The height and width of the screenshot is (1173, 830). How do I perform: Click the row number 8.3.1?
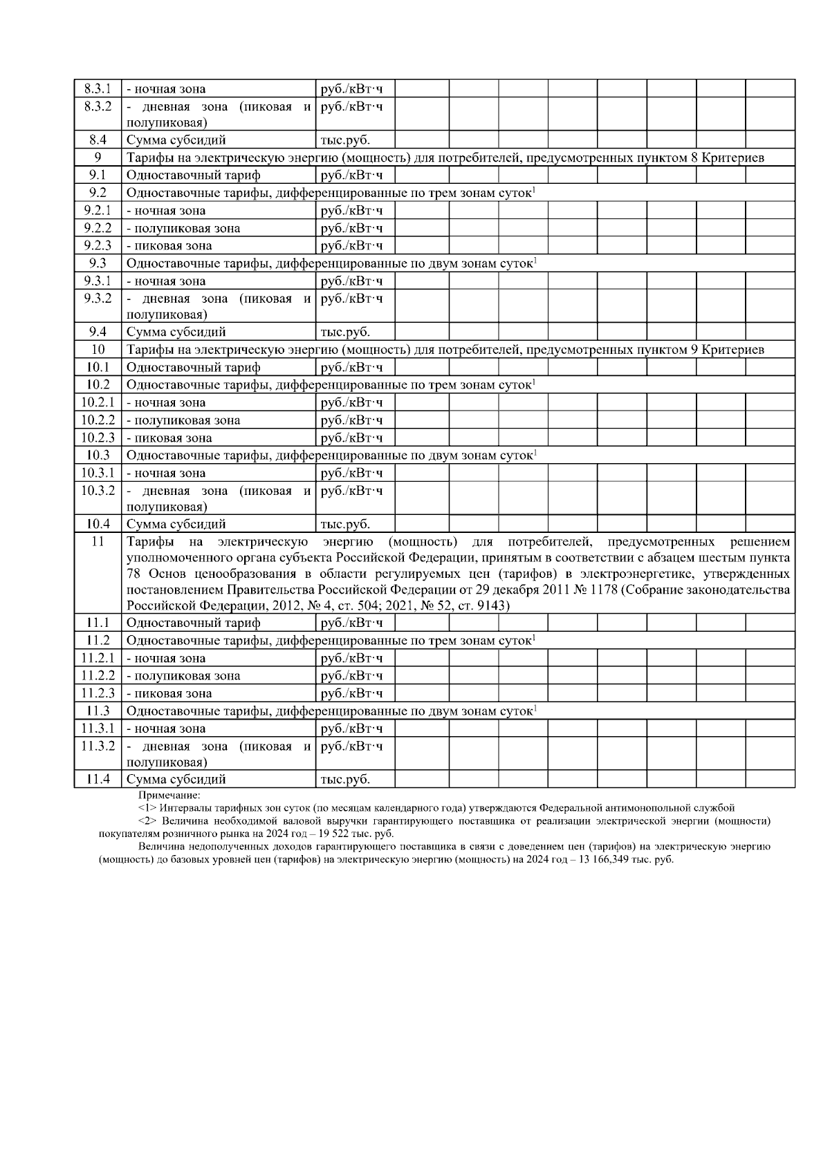pyautogui.click(x=98, y=88)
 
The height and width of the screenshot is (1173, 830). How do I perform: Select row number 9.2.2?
pyautogui.click(x=98, y=228)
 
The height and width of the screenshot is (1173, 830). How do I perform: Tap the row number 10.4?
pyautogui.click(x=98, y=524)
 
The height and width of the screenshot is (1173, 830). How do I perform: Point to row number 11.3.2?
pyautogui.click(x=98, y=746)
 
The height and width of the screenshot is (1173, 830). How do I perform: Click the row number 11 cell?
pyautogui.click(x=98, y=541)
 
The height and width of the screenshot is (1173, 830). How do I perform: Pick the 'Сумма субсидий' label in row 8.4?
pyautogui.click(x=176, y=140)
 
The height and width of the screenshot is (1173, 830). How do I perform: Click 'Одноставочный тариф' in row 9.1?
pyautogui.click(x=193, y=176)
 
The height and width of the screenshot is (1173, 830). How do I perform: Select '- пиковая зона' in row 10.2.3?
pyautogui.click(x=169, y=438)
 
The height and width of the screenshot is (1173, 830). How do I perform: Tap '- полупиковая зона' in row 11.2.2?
pyautogui.click(x=183, y=675)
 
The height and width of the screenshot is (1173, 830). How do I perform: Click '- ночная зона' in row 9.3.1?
pyautogui.click(x=166, y=281)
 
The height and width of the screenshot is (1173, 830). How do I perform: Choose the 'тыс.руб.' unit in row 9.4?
pyautogui.click(x=345, y=332)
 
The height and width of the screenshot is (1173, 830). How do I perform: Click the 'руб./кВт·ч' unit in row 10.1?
pyautogui.click(x=352, y=368)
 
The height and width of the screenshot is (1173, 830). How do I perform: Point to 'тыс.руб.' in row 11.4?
pyautogui.click(x=345, y=780)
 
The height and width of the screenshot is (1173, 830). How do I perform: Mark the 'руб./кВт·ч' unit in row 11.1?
pyautogui.click(x=352, y=623)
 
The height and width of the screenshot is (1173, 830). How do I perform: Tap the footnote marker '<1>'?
pyautogui.click(x=147, y=807)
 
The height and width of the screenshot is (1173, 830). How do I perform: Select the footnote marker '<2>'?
pyautogui.click(x=147, y=821)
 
